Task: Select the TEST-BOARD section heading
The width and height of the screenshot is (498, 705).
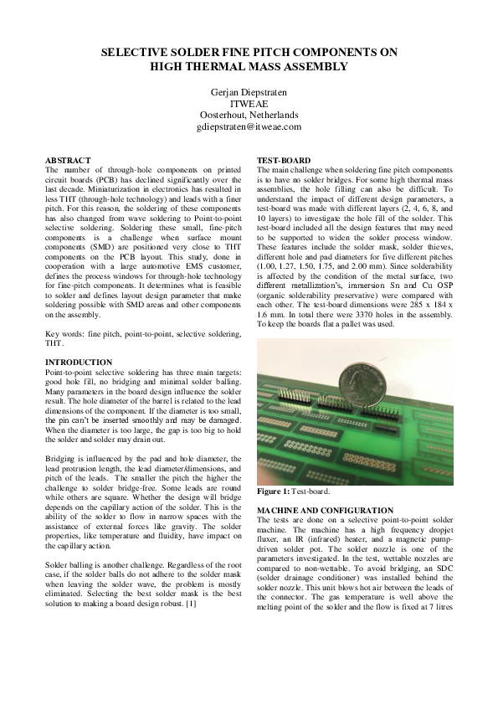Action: click(284, 159)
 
